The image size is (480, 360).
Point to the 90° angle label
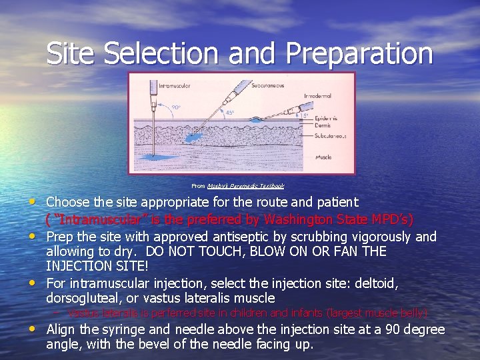pos(176,107)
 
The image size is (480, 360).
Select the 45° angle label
pos(230,113)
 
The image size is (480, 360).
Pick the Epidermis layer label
pos(325,118)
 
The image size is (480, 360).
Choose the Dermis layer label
pos(324,125)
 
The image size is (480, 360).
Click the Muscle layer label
pos(323,157)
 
